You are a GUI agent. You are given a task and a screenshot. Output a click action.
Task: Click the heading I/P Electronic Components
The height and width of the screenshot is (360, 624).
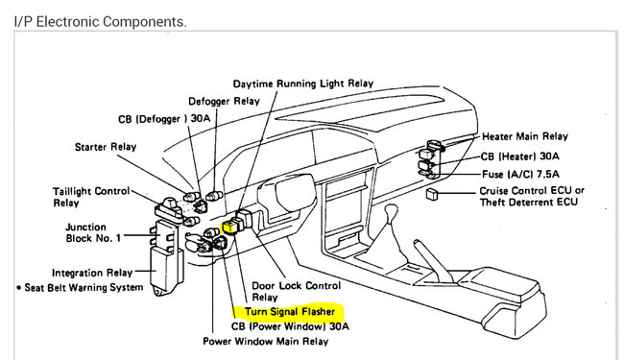tap(100, 21)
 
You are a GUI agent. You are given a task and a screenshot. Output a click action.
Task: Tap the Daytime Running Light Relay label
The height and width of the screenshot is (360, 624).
tap(303, 84)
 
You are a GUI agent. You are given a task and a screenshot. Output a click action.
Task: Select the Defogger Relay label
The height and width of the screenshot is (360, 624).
tap(224, 102)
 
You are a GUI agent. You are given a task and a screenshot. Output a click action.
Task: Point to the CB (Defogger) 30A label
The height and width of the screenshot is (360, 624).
tap(164, 119)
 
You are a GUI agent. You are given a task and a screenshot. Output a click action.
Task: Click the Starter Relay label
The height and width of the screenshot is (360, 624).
tap(106, 147)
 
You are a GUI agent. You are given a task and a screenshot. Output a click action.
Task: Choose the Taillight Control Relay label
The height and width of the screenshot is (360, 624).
tap(91, 197)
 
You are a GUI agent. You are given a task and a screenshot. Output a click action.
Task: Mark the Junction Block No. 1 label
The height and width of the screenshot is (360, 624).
tap(93, 232)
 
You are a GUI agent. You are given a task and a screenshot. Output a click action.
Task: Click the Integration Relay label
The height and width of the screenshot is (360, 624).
tap(92, 273)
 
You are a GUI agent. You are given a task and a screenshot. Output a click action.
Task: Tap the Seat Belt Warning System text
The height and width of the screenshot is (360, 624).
tap(80, 288)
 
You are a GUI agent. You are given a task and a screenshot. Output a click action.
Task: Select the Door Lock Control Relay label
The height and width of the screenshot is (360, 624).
tap(297, 292)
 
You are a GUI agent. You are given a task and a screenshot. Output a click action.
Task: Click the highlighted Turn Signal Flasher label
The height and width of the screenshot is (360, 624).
tap(290, 311)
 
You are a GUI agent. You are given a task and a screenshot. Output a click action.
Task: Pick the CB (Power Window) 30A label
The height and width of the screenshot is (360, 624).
tap(290, 326)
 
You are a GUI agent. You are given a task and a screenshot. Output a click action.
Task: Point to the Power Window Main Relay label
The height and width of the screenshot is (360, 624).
tap(265, 342)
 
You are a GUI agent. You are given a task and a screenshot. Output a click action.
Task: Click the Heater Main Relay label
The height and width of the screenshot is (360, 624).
tap(525, 136)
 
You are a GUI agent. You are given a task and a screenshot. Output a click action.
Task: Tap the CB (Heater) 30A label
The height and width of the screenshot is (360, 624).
tap(519, 156)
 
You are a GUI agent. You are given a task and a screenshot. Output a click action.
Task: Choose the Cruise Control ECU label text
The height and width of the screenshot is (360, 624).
tap(532, 191)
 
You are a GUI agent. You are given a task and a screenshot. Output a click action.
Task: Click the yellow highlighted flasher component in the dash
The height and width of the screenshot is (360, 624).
tap(229, 228)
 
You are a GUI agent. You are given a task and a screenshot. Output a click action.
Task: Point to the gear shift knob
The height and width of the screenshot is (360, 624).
tap(392, 209)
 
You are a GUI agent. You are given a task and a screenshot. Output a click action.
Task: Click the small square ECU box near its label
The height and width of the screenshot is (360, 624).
tap(432, 194)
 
